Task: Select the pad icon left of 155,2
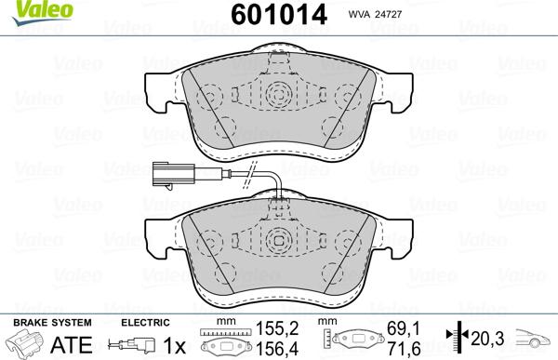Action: pos(226,340)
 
